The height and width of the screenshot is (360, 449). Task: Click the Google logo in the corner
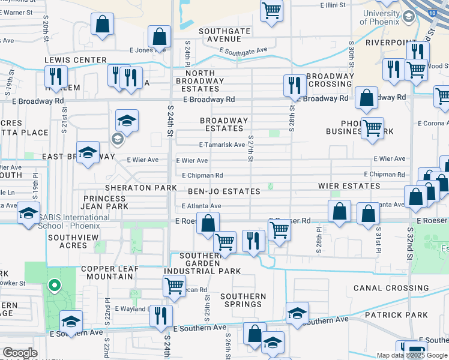[20, 353]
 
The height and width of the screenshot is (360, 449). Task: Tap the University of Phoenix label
[381, 18]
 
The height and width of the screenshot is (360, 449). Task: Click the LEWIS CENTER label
[75, 61]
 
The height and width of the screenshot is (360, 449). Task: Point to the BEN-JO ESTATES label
[224, 191]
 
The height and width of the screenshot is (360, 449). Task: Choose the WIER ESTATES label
[349, 186]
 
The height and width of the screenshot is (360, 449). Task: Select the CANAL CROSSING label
[391, 288]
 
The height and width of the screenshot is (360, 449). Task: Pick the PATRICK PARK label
[399, 314]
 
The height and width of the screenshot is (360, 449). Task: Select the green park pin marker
[55, 286]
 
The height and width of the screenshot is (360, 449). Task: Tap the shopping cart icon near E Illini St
[271, 10]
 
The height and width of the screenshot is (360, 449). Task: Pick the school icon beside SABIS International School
[28, 213]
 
